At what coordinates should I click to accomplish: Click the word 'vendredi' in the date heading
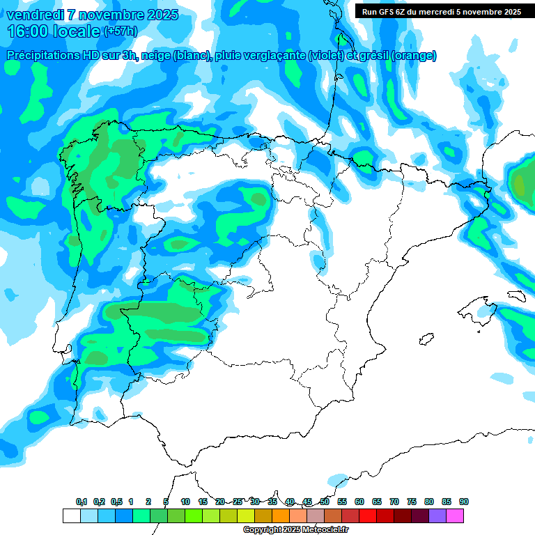35,15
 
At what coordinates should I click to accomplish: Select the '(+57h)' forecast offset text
121,31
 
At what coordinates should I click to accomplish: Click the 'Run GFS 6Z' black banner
442,11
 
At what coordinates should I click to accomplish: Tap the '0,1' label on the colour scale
82,502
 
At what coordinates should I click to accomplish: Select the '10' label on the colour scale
185,502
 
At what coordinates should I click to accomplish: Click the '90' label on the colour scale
464,502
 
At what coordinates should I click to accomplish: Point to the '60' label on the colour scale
359,502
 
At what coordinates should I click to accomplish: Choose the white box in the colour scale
71,515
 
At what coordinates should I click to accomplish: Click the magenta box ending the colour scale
455,515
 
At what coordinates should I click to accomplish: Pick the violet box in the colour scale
437,515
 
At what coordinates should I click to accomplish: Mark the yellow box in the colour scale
245,515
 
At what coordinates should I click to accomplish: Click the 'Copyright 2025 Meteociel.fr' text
295,529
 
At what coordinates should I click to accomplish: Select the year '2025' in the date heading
157,15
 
